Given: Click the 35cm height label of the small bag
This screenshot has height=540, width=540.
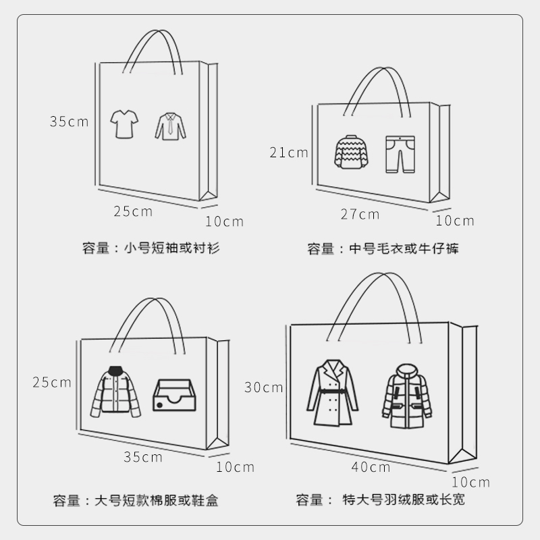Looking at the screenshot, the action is [69, 122].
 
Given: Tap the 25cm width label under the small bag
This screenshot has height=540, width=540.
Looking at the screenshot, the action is [133, 211].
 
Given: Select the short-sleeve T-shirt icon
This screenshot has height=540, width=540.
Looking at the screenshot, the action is [124, 124].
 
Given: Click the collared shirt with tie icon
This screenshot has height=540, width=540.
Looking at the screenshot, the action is [170, 126].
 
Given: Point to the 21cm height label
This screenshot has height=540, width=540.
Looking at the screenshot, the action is [289, 153].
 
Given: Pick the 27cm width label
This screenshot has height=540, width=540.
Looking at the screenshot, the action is [360, 215].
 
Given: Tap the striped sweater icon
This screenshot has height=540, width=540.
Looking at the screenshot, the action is [352, 152].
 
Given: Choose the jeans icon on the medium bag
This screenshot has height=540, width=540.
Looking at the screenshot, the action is [400, 154].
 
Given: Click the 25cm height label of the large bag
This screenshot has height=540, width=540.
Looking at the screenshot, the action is [52, 382].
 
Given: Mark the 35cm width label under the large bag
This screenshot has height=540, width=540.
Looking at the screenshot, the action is [143, 457].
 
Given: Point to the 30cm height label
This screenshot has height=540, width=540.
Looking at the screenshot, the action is [264, 387].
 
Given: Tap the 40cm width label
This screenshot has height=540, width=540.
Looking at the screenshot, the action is [371, 467].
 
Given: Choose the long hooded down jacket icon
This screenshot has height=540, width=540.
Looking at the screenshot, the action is [407, 396].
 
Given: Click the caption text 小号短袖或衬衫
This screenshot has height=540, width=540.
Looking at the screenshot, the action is [171, 248].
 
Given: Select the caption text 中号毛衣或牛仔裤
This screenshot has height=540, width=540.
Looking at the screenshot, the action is [404, 248].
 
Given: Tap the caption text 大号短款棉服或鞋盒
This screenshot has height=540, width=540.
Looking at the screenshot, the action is [156, 501].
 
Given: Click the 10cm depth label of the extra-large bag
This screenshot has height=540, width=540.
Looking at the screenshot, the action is [470, 482].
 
